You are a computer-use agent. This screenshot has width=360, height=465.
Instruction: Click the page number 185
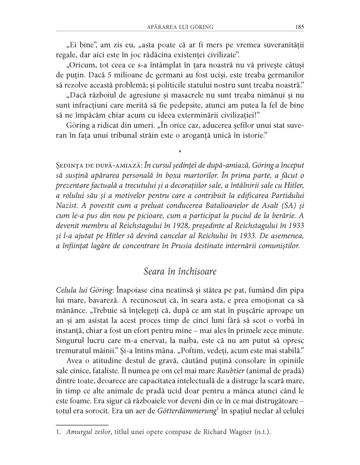[299, 27]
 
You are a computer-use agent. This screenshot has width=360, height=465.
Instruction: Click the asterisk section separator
[180, 152]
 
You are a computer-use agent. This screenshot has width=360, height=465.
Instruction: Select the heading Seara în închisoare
[180, 271]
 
